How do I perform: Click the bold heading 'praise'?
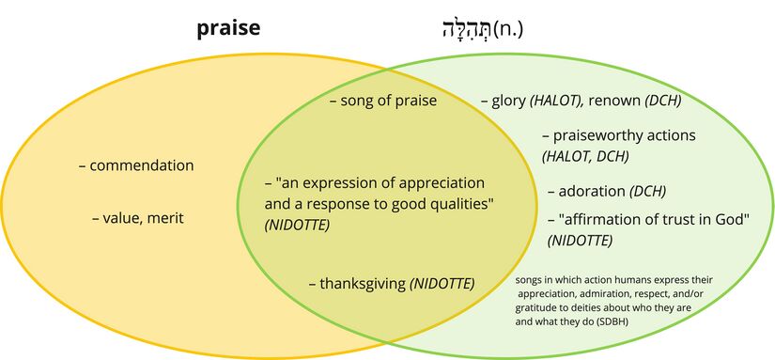coord(228,29)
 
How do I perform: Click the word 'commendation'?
coord(142,165)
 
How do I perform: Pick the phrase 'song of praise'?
coord(389,101)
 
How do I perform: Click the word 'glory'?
coord(508,102)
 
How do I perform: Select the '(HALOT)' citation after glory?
coord(557,102)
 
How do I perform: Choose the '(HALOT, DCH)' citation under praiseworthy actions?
coord(585,157)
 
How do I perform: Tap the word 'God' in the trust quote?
coord(726,219)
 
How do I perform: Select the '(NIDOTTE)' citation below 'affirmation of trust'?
coord(580,241)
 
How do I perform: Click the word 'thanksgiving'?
coord(363,284)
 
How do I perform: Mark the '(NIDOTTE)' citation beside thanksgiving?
coord(442,284)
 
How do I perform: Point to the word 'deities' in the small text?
coord(587,308)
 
